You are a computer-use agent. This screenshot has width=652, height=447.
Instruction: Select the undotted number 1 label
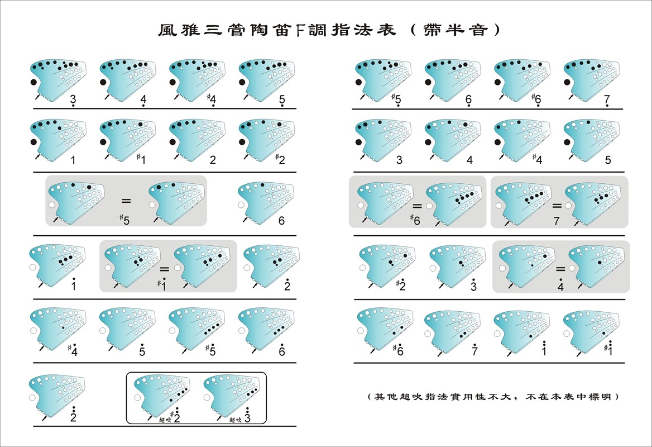tap(73, 160)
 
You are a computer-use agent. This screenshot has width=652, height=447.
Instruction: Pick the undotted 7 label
tap(556, 221)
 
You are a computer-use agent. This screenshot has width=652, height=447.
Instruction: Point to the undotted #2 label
tap(281, 160)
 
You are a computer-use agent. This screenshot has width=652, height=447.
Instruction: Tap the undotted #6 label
tap(415, 221)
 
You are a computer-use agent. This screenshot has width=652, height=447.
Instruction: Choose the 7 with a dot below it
tap(607, 100)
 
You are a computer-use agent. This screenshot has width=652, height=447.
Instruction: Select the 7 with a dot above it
tap(475, 351)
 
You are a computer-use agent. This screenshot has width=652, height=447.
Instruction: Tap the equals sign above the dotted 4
tap(560, 269)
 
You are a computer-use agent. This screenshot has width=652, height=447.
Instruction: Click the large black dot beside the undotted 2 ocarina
tap(172, 142)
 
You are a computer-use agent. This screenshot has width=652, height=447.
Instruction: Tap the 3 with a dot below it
tap(73, 101)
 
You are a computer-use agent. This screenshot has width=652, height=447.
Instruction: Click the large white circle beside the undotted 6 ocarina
tap(241, 205)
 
